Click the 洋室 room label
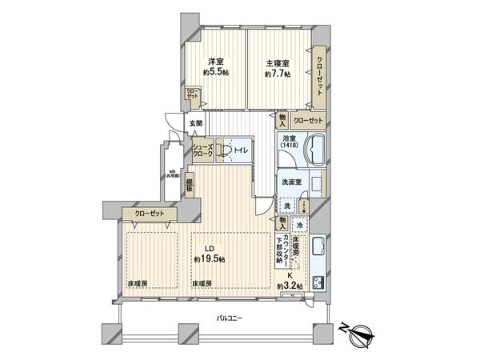pyautogui.click(x=215, y=62)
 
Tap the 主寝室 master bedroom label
pyautogui.click(x=277, y=62)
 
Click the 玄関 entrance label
pyautogui.click(x=197, y=123)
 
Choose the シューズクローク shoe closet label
pyautogui.click(x=203, y=152)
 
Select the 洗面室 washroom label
pyautogui.click(x=291, y=182)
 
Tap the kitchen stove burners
pyautogui.click(x=316, y=282)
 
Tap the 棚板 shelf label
pyautogui.click(x=190, y=187)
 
